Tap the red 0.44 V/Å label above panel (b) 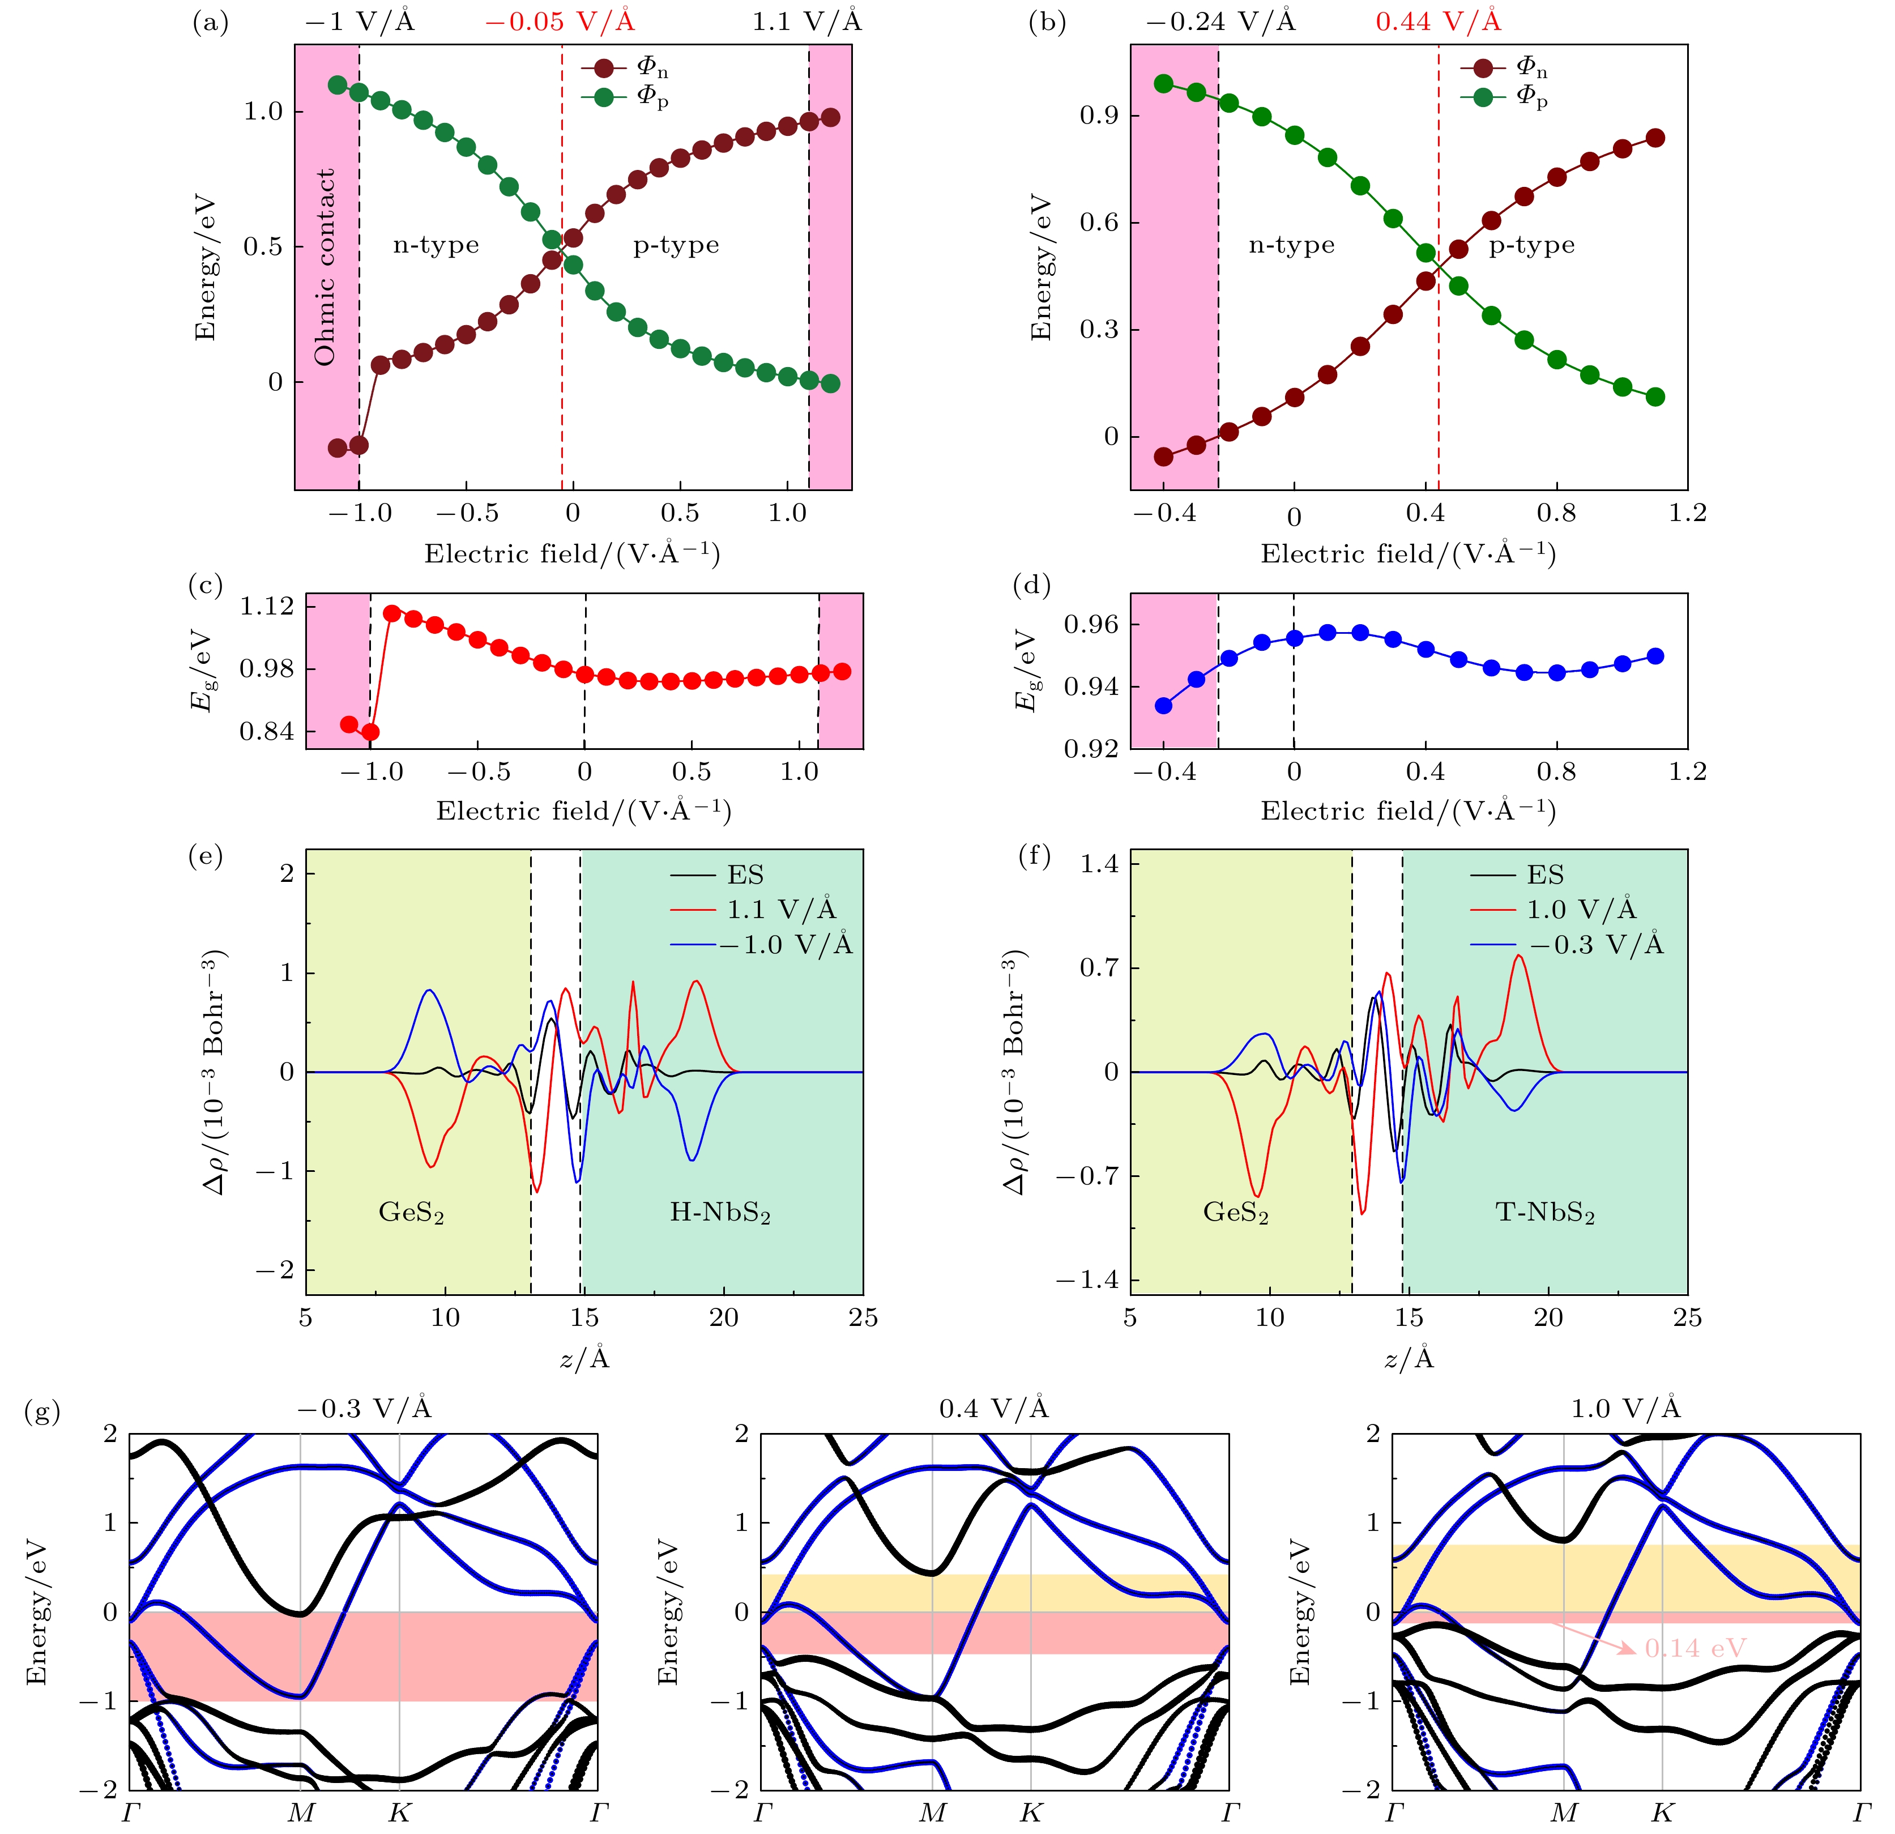point(1438,22)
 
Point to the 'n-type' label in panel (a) point(436,246)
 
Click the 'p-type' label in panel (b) point(1531,246)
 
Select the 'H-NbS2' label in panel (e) point(720,1212)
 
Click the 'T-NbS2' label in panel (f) point(1545,1212)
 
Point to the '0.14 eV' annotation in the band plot point(1695,1648)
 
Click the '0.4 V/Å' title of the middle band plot point(994,1409)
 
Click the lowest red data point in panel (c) point(370,732)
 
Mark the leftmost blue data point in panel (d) point(1164,706)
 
